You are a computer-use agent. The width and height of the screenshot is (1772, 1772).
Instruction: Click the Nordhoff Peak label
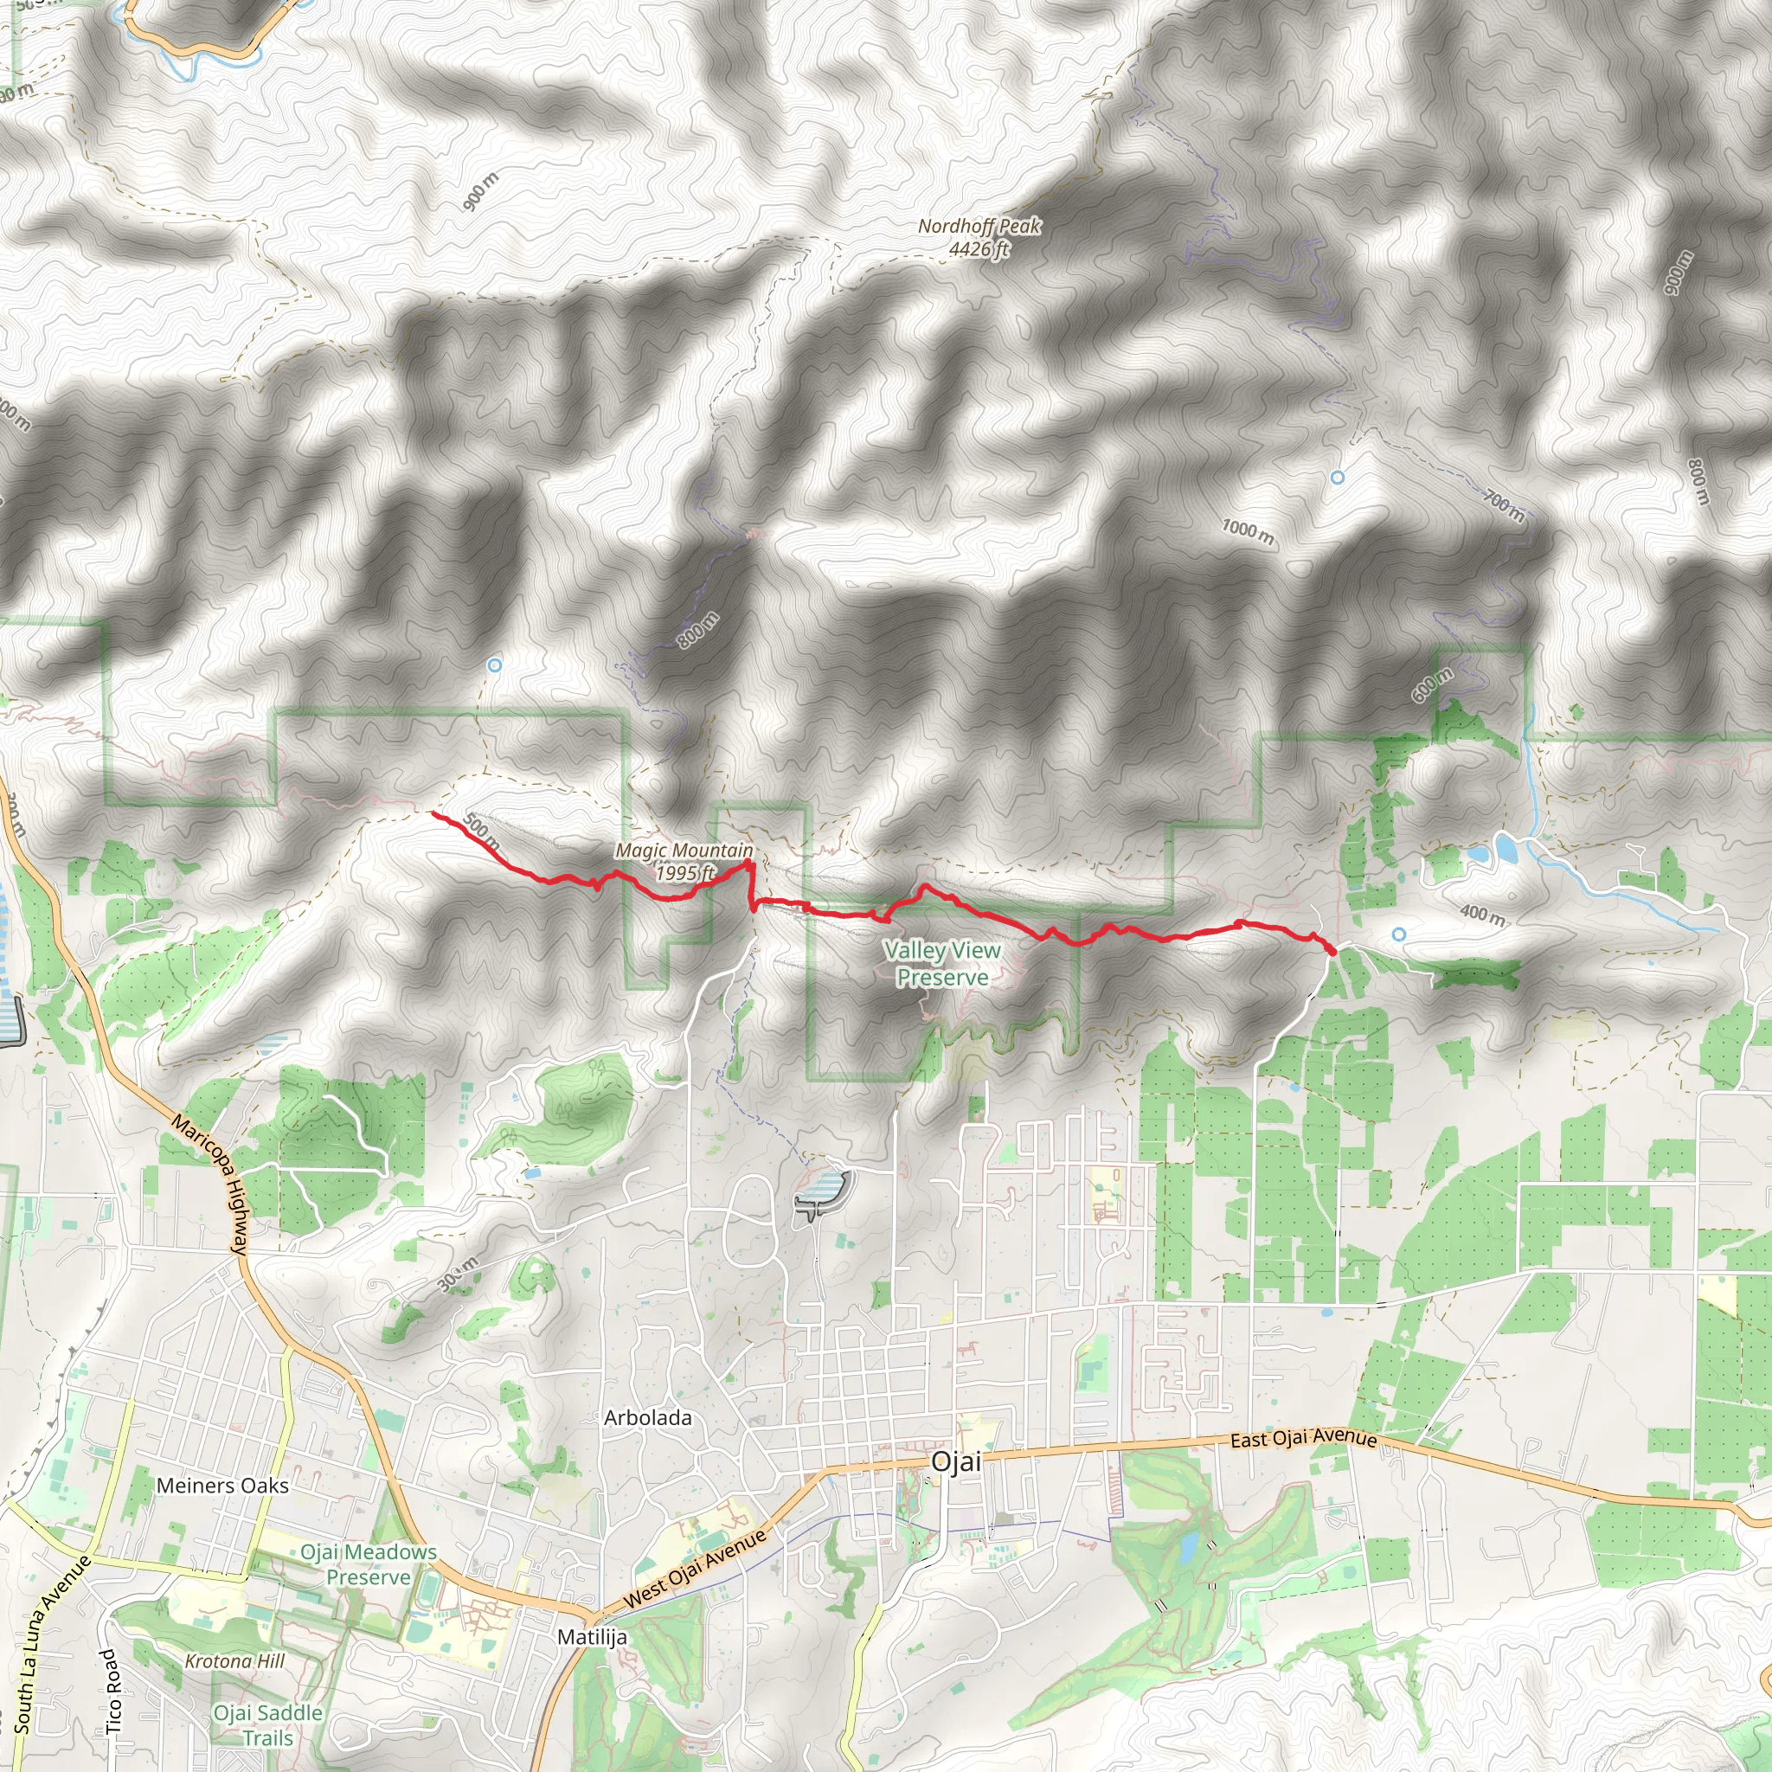tap(979, 236)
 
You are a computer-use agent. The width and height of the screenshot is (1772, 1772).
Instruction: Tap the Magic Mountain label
tap(684, 861)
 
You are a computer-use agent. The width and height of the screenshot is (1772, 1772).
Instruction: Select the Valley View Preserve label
tap(942, 964)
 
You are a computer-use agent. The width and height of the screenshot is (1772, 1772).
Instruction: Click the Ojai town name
tap(956, 1462)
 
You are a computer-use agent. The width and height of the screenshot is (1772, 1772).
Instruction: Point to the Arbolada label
tap(647, 1418)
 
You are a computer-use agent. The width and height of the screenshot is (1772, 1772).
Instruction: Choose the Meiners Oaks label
tap(222, 1486)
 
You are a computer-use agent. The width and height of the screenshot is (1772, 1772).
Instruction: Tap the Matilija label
tap(593, 1637)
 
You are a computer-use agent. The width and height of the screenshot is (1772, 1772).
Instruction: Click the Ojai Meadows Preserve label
tap(369, 1564)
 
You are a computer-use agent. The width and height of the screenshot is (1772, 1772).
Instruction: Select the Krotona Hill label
tap(234, 1661)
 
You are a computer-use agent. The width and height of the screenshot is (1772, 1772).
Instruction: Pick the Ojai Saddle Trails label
tap(268, 1725)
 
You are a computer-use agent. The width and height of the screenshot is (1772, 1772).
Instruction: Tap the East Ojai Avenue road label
tap(1302, 1438)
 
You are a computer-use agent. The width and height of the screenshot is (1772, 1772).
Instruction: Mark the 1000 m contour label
tap(1248, 531)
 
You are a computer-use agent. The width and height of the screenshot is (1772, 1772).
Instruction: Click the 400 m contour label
tap(1482, 915)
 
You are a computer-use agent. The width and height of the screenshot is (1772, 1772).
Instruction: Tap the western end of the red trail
tap(433, 812)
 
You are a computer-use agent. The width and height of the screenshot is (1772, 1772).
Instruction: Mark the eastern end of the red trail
tap(1332, 953)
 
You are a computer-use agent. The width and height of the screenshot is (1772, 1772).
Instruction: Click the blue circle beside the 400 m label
tap(1399, 934)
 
